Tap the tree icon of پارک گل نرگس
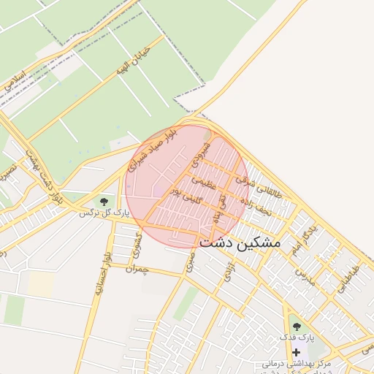click(104, 200)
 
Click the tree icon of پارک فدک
click(296, 326)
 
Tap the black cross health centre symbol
click(296, 352)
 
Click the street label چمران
click(137, 268)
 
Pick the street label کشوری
click(140, 248)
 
